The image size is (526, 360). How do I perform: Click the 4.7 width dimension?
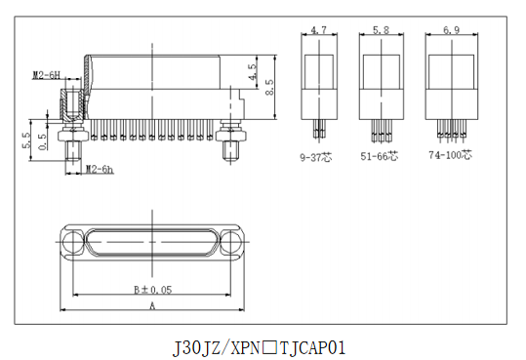pyautogui.click(x=318, y=30)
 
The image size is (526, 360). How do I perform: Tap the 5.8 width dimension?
pyautogui.click(x=381, y=30)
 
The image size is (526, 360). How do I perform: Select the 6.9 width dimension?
pyautogui.click(x=452, y=30)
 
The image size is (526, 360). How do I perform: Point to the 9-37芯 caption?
pyautogui.click(x=315, y=157)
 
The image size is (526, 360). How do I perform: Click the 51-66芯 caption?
pyautogui.click(x=380, y=156)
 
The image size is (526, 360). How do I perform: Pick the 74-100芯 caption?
pyautogui.click(x=450, y=155)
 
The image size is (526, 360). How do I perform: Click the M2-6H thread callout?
pyautogui.click(x=46, y=75)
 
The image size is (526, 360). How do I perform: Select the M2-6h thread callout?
pyautogui.click(x=100, y=169)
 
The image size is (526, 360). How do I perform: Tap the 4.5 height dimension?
pyautogui.click(x=253, y=72)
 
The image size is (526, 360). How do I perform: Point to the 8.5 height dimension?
pyautogui.click(x=269, y=87)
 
